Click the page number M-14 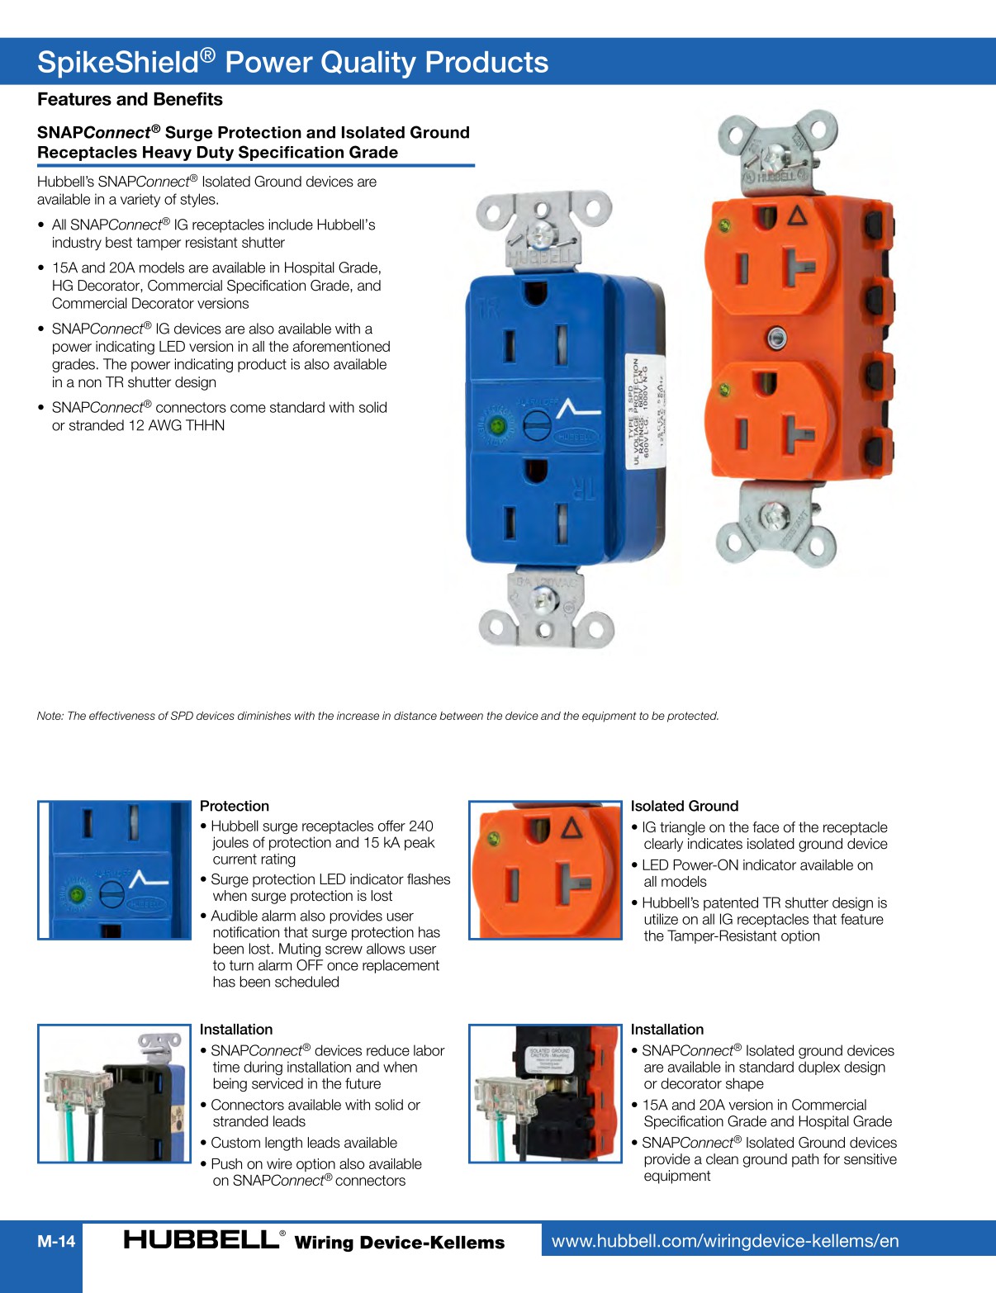56,1241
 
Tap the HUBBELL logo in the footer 202,1239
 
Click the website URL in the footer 724,1241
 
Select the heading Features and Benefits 130,99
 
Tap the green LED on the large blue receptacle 497,426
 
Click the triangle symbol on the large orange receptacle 797,216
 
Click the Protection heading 235,806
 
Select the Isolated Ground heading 684,806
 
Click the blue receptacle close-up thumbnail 115,869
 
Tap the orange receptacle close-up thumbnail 545,869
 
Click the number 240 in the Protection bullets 420,826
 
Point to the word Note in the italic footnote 50,716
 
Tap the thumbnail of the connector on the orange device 545,1093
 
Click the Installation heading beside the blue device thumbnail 236,1030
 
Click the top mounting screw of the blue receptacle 542,234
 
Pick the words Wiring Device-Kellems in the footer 399,1242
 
